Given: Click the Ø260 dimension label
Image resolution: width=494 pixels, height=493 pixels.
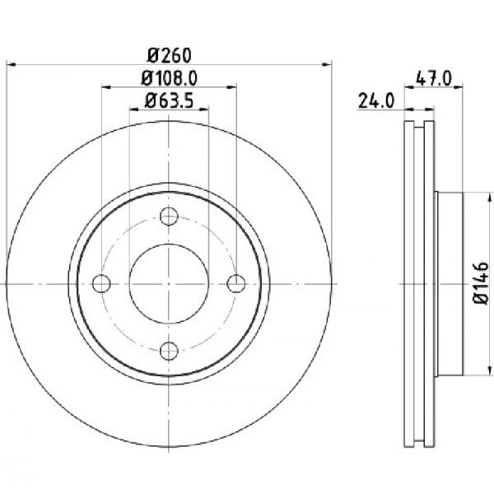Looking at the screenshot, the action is click(169, 55).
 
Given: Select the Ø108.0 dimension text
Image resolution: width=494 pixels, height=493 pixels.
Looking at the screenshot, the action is click(169, 78).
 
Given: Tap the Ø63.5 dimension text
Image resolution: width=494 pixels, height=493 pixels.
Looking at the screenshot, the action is click(169, 101).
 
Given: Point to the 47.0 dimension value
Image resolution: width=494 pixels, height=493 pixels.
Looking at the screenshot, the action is click(434, 78).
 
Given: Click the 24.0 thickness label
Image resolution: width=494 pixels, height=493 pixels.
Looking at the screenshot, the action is click(376, 101).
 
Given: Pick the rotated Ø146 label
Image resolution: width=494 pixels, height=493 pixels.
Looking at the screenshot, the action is click(481, 283).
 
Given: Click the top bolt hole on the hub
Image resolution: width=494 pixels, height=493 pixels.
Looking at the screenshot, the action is click(169, 216).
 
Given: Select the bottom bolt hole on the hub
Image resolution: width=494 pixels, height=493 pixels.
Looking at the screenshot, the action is click(169, 351).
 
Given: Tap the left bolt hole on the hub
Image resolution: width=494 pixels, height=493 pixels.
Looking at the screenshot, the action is click(101, 283).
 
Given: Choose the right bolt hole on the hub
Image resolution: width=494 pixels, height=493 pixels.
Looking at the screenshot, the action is click(236, 283).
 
